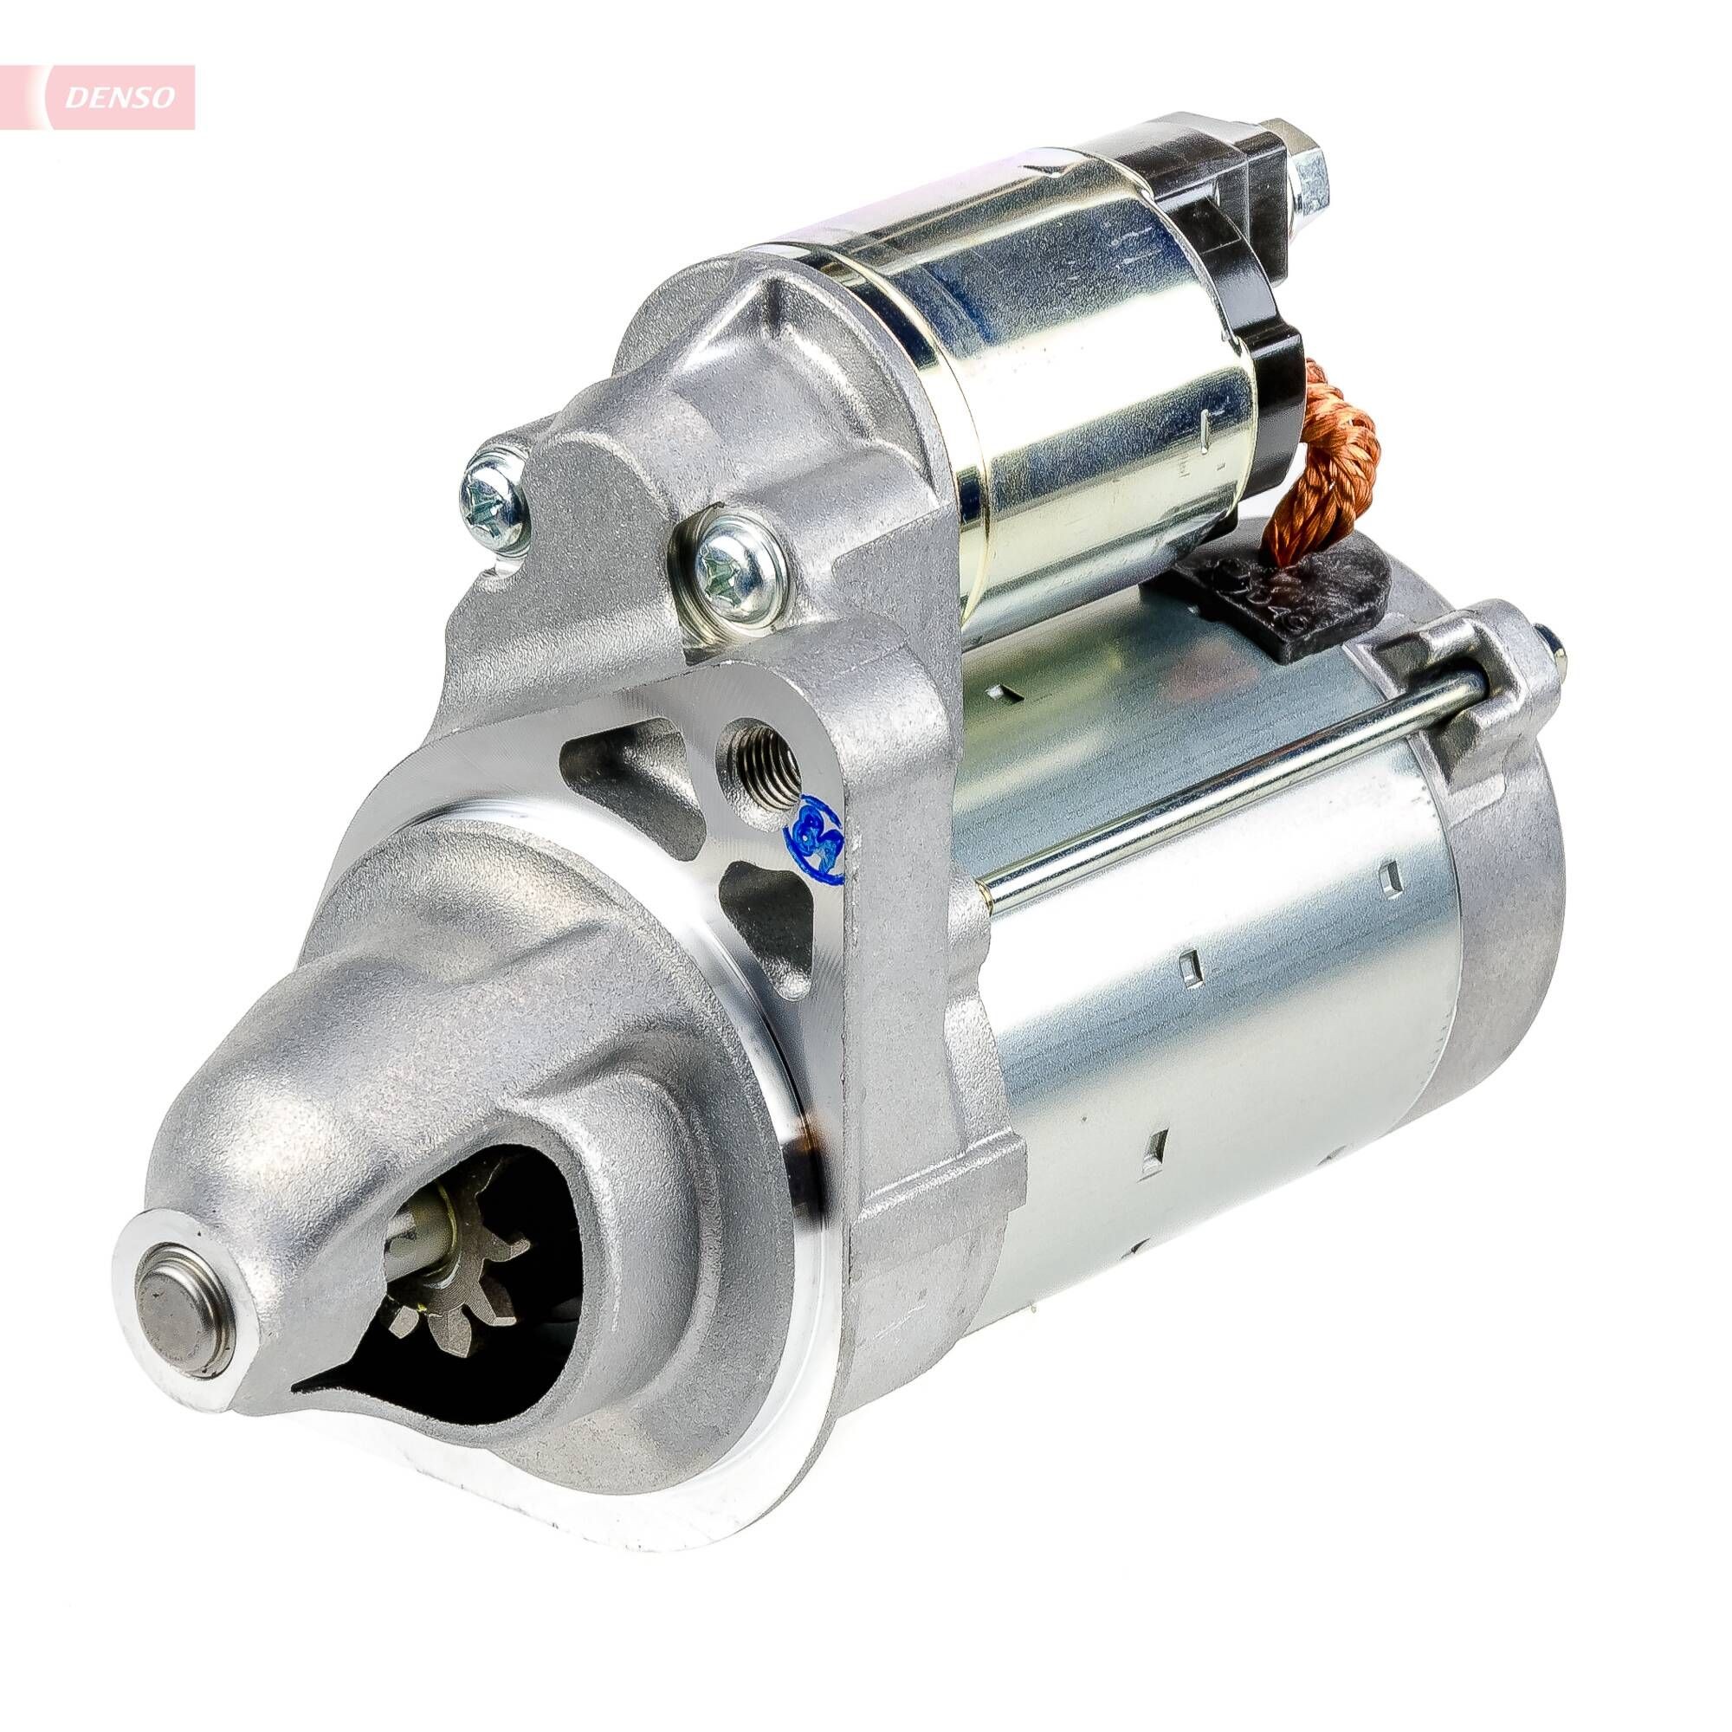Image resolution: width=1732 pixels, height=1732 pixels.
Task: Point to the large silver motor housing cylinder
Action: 1211,1031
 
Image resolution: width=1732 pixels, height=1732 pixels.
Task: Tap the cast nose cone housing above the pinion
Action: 430,1058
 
